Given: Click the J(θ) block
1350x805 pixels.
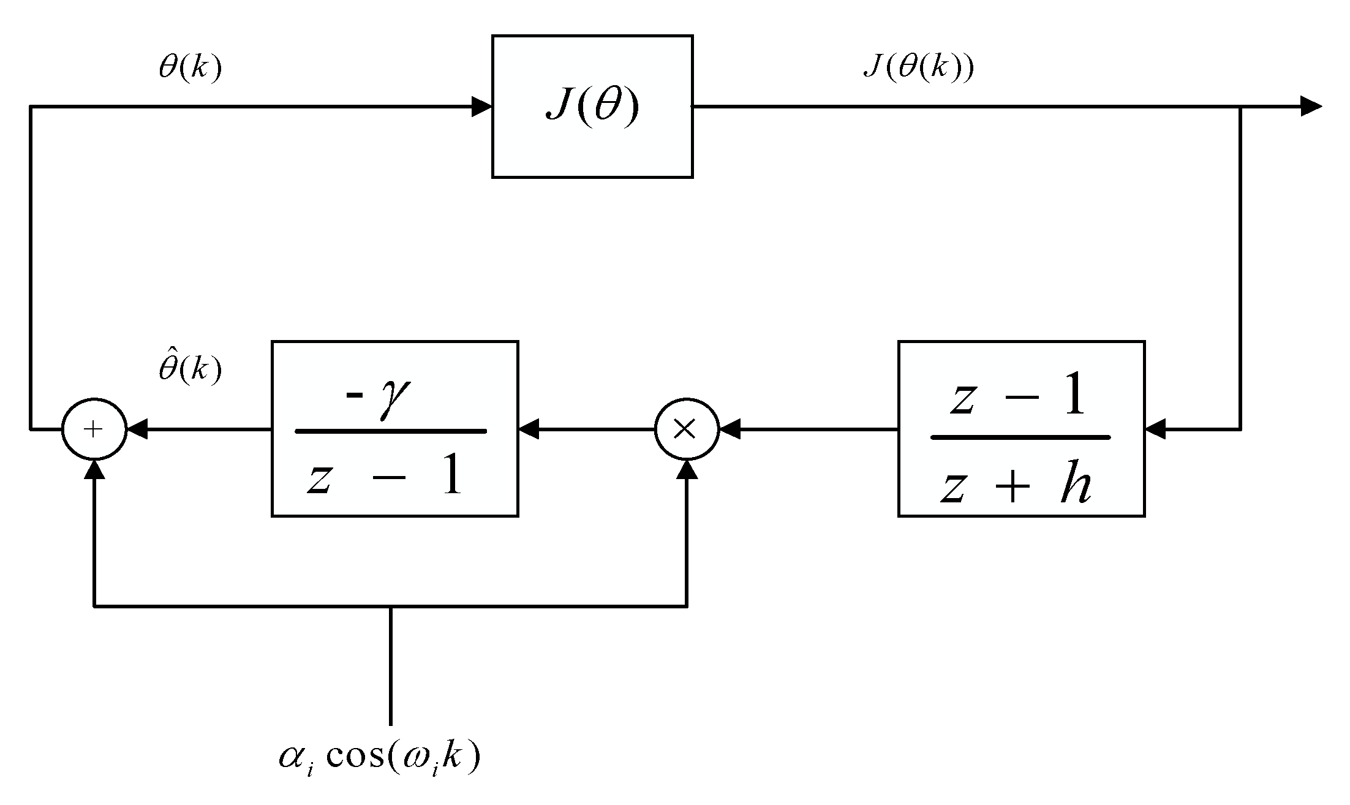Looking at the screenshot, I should tap(592, 107).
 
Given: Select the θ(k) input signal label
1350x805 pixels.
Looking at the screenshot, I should tap(190, 68).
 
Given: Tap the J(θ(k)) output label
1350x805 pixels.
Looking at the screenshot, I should tap(918, 67).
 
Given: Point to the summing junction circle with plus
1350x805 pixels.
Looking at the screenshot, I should tap(94, 429).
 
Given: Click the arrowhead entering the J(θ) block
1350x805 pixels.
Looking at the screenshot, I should tap(482, 107).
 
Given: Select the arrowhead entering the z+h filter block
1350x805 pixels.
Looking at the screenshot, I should tap(1155, 429).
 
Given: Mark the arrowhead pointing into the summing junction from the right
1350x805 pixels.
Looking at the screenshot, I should tap(137, 429).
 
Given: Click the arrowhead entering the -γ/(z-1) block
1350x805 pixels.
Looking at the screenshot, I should tap(529, 429).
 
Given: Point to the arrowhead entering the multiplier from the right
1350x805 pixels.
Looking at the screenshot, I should tap(729, 429).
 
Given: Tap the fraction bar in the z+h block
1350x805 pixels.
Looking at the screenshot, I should tap(1020, 437).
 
